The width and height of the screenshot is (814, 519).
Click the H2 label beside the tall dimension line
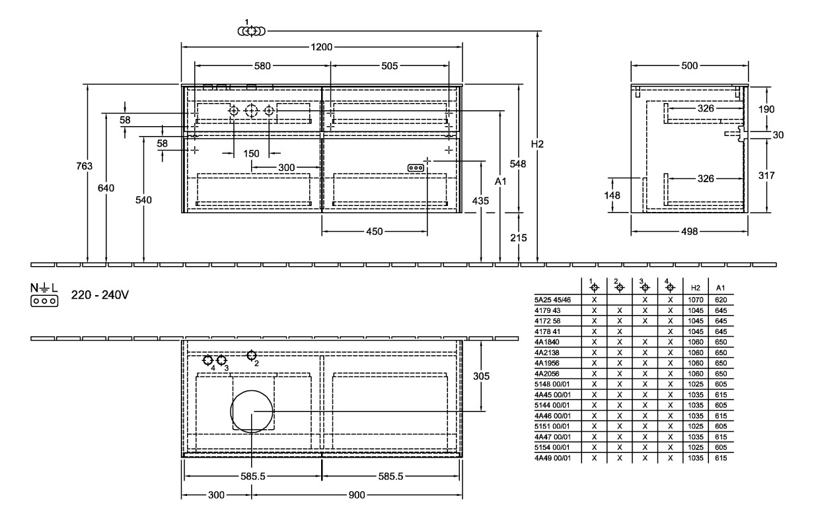(x=538, y=144)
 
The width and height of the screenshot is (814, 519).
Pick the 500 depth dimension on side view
(x=689, y=65)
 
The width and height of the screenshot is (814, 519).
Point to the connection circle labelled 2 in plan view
(x=251, y=356)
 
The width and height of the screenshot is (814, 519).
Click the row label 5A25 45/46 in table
(x=552, y=300)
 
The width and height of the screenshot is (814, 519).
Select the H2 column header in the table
(x=694, y=287)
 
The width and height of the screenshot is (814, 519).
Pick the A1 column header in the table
(x=720, y=287)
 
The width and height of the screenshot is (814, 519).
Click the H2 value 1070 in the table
(x=694, y=300)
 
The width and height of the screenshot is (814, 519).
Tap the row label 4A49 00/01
(x=552, y=458)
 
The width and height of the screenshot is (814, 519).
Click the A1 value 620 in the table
(x=720, y=300)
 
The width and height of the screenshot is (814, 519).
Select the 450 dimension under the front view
(x=374, y=231)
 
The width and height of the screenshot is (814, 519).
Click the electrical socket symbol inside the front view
(x=416, y=168)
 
